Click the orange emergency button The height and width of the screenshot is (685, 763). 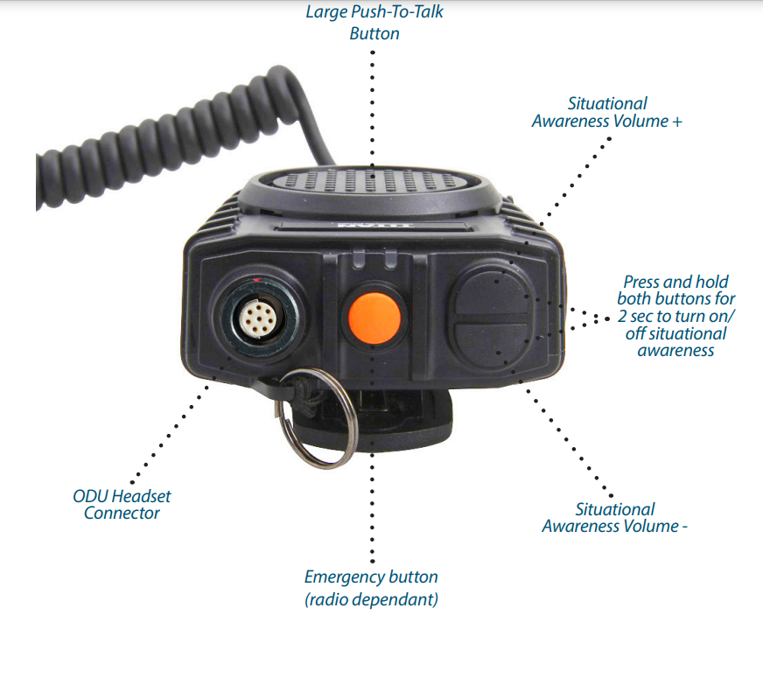click(x=374, y=318)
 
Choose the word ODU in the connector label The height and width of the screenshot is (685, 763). click(x=90, y=496)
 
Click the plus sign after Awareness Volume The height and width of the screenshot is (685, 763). click(x=677, y=122)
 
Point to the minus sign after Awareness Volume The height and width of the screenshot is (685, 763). click(x=684, y=528)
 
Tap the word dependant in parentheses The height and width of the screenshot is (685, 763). click(x=395, y=600)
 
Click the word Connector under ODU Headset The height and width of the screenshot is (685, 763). click(x=122, y=514)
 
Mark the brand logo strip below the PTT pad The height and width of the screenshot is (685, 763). click(x=374, y=226)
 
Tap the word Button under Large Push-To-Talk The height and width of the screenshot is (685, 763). click(x=374, y=34)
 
